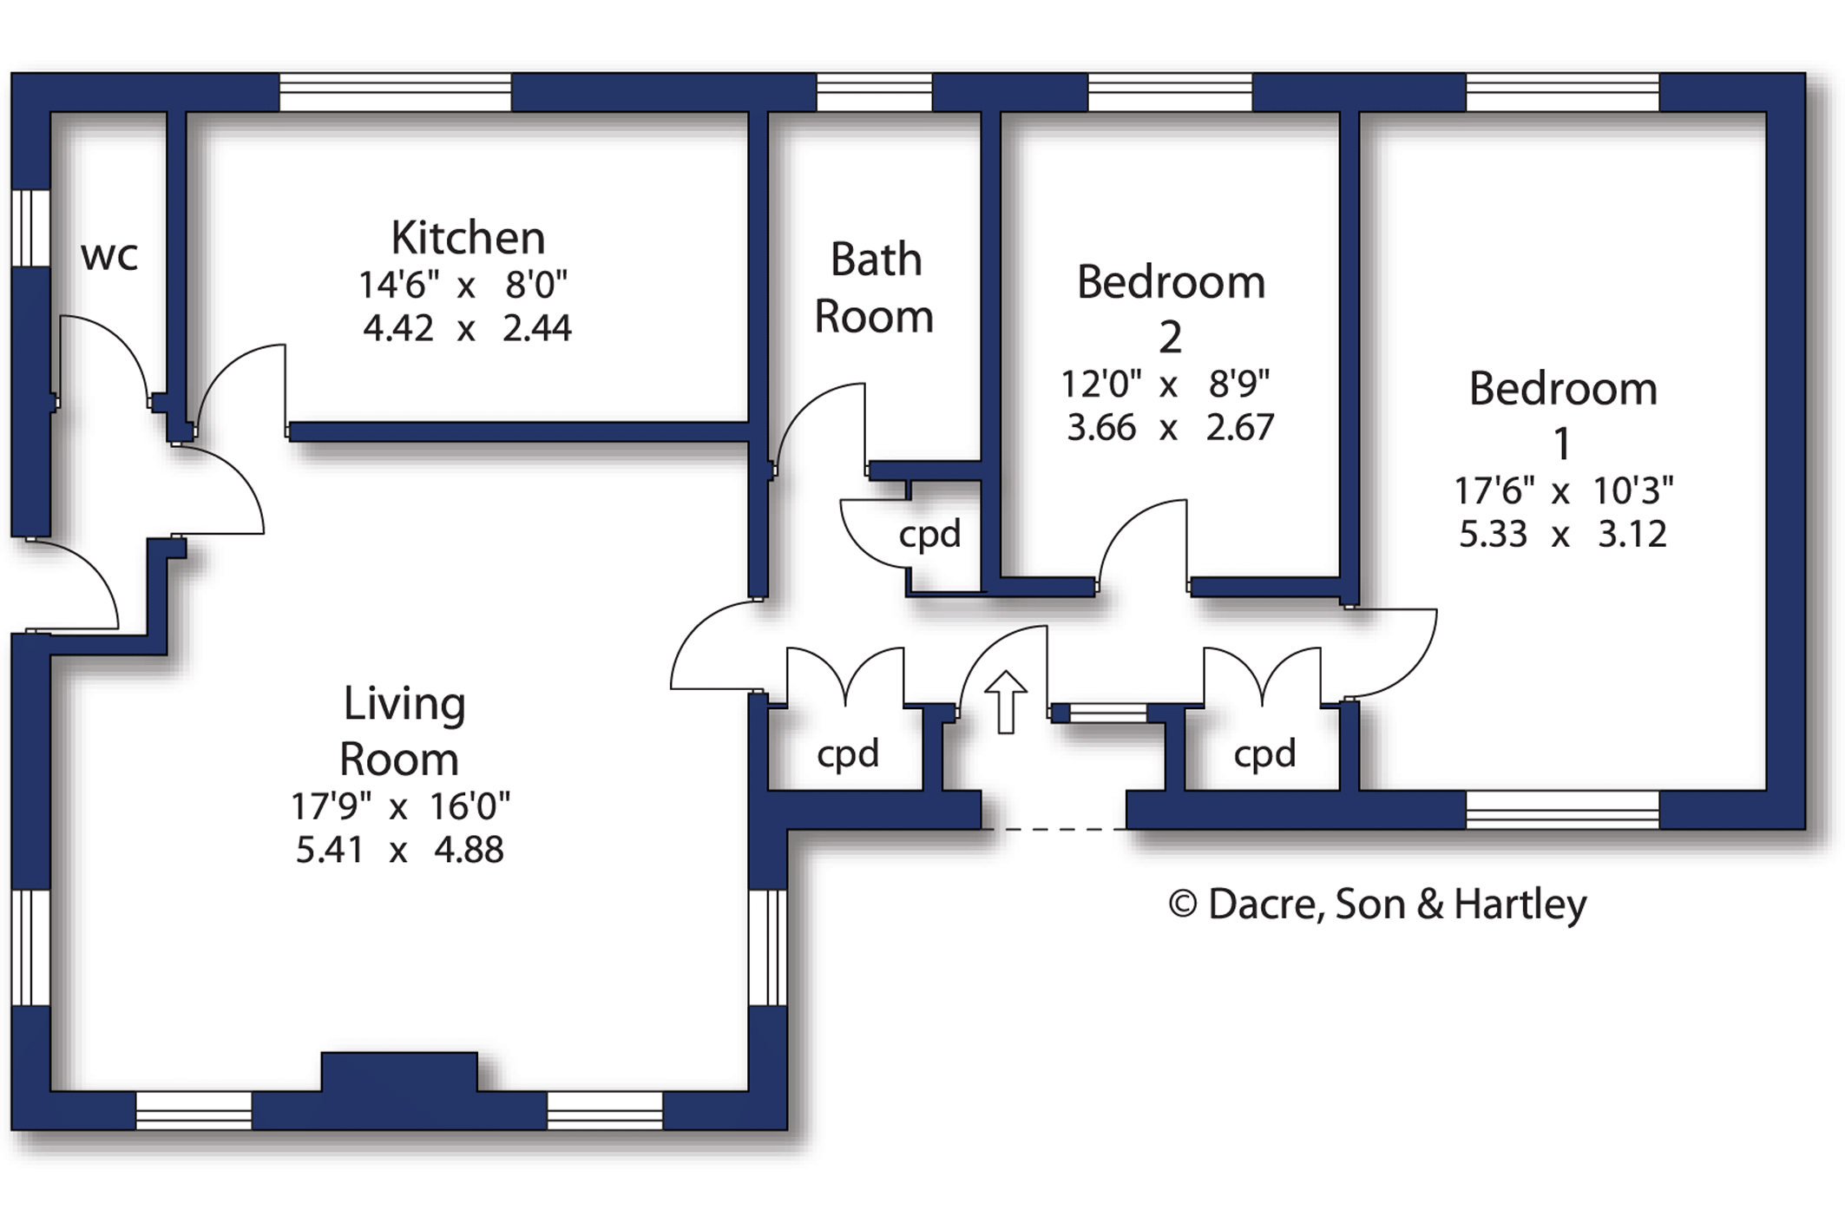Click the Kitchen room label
468,238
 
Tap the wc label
109,256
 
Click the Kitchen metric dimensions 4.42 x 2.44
467,329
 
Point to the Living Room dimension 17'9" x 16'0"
400,806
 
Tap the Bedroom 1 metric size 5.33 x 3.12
1562,535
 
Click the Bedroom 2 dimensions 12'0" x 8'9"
1165,384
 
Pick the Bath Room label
875,287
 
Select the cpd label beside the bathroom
929,535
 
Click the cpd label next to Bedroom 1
1264,753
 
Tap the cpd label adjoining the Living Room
848,753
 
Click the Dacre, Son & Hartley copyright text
1377,904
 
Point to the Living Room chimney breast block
399,1073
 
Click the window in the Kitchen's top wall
395,93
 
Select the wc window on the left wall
30,228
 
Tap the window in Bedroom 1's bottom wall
1562,810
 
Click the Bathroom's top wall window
874,93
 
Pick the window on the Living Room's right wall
768,947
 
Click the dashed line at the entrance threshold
1059,830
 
